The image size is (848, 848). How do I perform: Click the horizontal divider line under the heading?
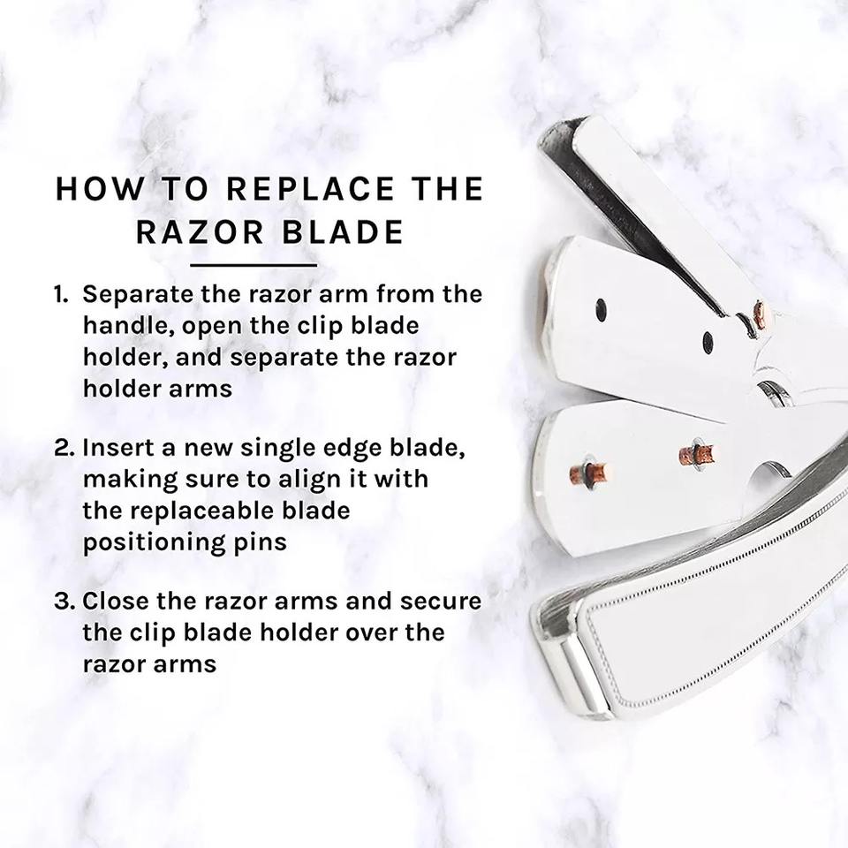[x=254, y=266]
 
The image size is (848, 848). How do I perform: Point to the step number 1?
[x=61, y=294]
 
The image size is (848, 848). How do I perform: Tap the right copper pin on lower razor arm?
[x=698, y=454]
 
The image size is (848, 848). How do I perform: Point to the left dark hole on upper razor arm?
[x=601, y=310]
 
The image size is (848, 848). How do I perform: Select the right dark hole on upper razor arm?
[x=708, y=341]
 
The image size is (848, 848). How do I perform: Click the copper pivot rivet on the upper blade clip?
[x=761, y=317]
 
